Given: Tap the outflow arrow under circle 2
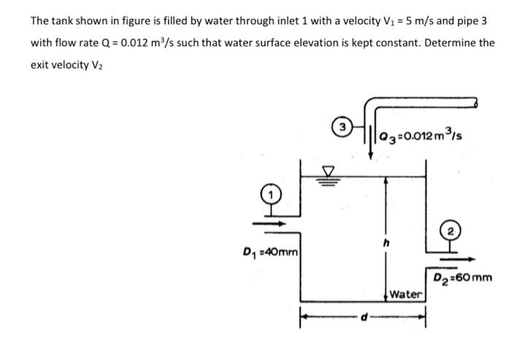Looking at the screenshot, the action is [456, 258].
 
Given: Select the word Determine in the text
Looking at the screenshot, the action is [450, 42].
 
